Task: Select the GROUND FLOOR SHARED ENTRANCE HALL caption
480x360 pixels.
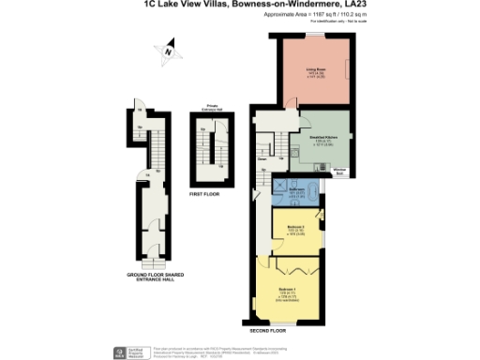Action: click(156, 277)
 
